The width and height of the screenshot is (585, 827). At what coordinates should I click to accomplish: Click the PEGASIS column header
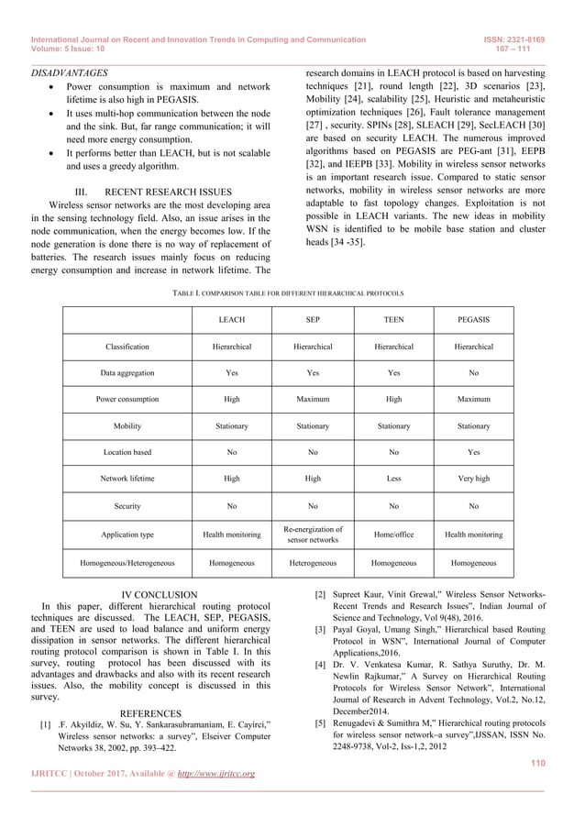473,320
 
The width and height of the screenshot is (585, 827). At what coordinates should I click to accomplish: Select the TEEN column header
393,320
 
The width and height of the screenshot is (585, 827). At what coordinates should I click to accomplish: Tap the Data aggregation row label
127,373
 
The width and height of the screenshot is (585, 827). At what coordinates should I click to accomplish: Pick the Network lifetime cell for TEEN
393,479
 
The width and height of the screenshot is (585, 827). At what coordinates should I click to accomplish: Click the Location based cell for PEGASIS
473,452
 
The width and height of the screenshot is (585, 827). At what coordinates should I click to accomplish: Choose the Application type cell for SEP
313,535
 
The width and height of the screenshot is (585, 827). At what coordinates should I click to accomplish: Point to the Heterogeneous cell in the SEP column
313,563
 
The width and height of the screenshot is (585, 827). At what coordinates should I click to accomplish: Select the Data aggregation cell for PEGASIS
473,373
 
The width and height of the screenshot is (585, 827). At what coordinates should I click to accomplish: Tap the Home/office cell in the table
393,535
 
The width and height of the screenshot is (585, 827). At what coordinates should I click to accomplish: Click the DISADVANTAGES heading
70,72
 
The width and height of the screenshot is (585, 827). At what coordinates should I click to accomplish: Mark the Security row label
127,505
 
